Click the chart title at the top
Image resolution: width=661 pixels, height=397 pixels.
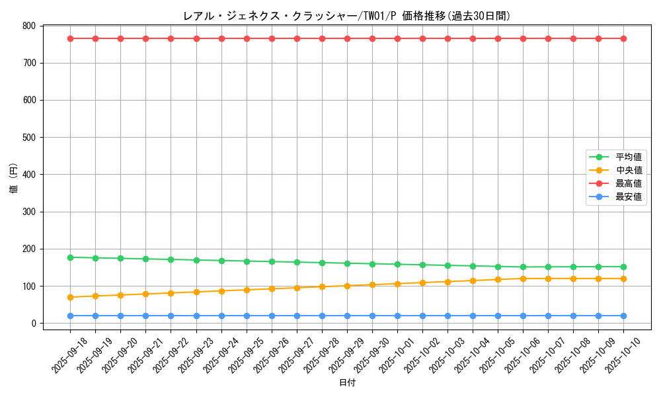(x=346, y=16)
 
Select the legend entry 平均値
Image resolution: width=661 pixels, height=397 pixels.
(x=629, y=157)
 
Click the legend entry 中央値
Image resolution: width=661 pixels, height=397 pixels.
(x=629, y=170)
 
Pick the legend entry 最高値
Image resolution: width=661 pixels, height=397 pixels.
(x=629, y=183)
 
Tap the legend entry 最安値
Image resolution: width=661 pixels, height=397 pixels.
(x=629, y=197)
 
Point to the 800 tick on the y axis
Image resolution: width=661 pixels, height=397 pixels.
(x=28, y=26)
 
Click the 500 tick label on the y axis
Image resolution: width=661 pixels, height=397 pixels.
(x=28, y=138)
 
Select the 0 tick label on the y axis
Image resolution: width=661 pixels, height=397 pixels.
(x=32, y=324)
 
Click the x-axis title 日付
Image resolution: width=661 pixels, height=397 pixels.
(x=347, y=383)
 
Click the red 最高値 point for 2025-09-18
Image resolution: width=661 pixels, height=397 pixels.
(x=70, y=38)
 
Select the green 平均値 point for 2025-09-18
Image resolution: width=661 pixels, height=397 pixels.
(x=70, y=257)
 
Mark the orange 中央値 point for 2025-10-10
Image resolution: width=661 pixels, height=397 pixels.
(x=623, y=279)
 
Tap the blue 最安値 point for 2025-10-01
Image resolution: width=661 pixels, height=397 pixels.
(x=397, y=316)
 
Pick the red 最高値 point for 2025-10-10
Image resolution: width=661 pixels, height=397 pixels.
(x=623, y=38)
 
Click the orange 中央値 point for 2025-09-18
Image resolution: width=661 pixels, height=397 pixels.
(x=70, y=297)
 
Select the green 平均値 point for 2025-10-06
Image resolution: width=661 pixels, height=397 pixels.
(x=523, y=267)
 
